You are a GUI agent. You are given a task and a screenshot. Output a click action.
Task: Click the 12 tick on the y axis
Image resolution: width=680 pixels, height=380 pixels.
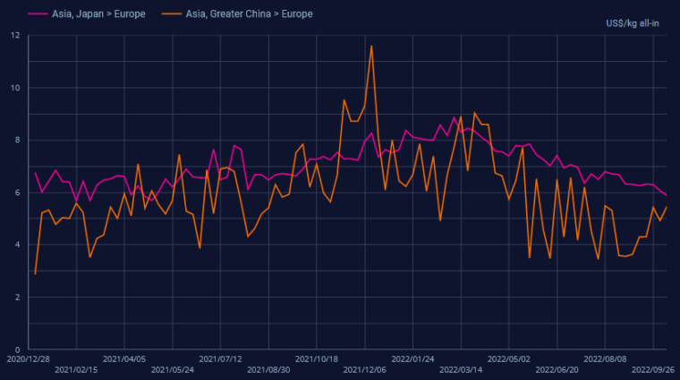pos(15,36)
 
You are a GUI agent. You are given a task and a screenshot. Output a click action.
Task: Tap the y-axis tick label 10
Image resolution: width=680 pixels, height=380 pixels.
pos(15,88)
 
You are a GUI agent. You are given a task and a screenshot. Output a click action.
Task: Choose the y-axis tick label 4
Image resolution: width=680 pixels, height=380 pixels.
pos(17,245)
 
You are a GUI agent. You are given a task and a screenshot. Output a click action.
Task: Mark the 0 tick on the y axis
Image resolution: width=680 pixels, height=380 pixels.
pos(17,350)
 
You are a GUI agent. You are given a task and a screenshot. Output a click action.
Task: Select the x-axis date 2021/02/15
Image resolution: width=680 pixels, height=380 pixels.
pos(76,369)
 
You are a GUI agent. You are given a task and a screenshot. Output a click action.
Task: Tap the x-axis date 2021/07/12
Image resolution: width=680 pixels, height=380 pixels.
pos(220,358)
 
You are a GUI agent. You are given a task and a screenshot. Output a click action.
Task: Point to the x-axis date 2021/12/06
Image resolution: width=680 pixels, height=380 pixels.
pos(364,369)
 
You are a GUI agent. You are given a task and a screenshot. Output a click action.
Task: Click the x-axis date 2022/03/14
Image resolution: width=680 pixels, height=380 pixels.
pos(462,369)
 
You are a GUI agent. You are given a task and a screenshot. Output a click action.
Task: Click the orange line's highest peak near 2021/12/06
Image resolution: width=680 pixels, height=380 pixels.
pos(371,46)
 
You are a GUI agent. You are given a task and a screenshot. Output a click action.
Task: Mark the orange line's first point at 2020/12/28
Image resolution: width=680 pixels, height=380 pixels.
pos(35,273)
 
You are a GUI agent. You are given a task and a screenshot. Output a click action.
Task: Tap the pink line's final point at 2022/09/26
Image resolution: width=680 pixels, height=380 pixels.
pos(667,195)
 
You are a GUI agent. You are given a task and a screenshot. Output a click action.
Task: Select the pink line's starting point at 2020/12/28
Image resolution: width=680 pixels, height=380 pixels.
pos(35,173)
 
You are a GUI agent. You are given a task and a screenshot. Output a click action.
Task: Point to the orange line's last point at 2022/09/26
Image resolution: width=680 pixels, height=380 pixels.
pos(667,207)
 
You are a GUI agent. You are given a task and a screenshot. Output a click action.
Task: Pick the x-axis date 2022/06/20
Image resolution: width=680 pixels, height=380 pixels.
pos(557,369)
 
